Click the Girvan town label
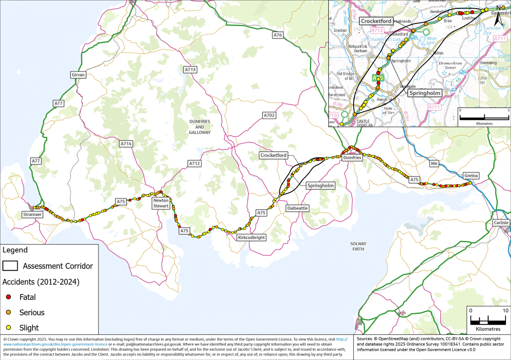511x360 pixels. tap(78, 75)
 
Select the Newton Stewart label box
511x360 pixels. tap(161, 203)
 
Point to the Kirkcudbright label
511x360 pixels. tap(251, 238)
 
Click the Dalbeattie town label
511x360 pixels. tap(297, 208)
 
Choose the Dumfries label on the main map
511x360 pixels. tap(352, 158)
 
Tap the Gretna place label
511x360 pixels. tap(471, 175)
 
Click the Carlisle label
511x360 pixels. tap(501, 223)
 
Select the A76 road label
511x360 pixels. tap(278, 35)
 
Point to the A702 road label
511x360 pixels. tap(269, 115)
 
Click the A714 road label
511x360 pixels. tap(126, 144)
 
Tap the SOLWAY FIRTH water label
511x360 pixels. tap(358, 246)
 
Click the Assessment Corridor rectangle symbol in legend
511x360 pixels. tap(10, 266)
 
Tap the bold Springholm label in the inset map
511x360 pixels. tap(424, 93)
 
